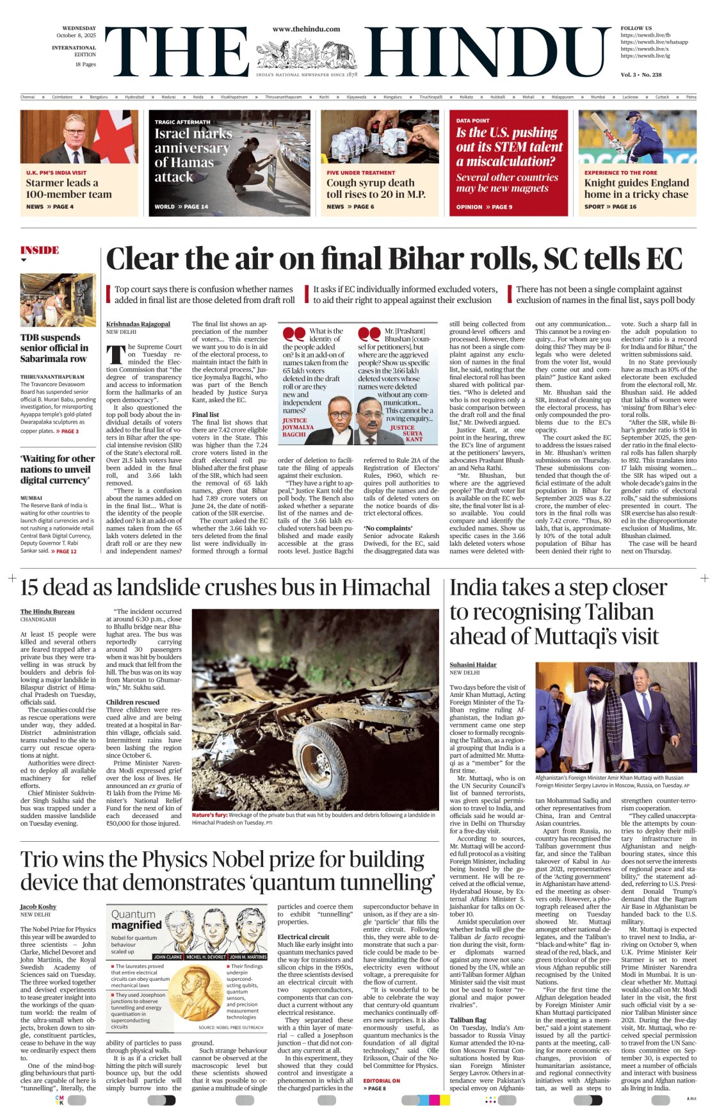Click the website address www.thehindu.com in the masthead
[306, 29]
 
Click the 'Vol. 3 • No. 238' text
[641, 75]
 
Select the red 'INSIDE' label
[39, 250]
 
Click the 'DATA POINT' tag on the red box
[472, 120]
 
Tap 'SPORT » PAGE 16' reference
[610, 207]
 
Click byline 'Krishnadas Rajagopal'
[138, 324]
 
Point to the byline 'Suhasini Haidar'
[472, 665]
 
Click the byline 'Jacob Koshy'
[38, 906]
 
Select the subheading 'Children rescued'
[133, 702]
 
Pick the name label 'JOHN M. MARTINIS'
[248, 956]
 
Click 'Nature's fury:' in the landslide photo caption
[210, 815]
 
